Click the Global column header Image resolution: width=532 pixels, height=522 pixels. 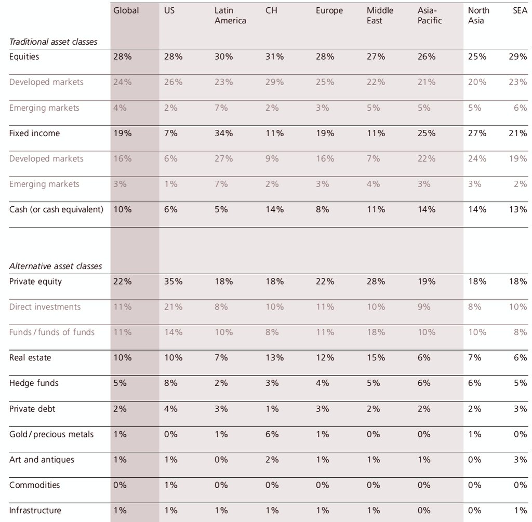coord(126,11)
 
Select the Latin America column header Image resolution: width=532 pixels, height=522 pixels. coord(230,16)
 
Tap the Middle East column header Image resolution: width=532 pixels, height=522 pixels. coord(380,16)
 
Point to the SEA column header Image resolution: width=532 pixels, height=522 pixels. coord(520,10)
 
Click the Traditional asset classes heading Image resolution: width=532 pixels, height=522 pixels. coord(54,42)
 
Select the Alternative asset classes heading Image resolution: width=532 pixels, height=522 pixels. coord(56,266)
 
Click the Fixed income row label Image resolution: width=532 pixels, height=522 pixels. coord(34,133)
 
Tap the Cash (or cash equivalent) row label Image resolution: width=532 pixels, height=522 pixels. coord(56,210)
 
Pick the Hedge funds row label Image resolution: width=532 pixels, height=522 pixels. coord(34,383)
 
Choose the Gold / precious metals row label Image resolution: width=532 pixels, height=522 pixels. coord(51,435)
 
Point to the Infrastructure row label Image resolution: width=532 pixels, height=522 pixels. coord(35,511)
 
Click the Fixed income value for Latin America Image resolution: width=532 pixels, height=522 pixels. coord(223,133)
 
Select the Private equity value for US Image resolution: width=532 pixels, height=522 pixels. coord(173,282)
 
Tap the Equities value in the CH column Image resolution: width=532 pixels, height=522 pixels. coord(274,57)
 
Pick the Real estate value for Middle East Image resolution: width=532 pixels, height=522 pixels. coord(376,358)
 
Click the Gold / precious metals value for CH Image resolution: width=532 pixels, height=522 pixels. coord(272,435)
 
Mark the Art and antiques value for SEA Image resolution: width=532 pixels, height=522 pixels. coord(521,460)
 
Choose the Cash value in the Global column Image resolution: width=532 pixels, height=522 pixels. coord(123,210)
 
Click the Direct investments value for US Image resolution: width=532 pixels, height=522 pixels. coord(173,307)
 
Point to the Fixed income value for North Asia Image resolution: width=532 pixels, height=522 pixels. coord(477,133)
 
